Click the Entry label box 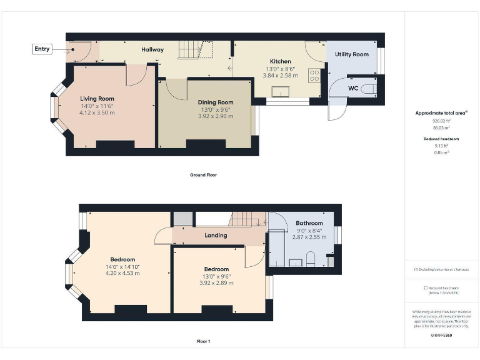click(42, 49)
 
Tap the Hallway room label click(152, 49)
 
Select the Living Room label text click(97, 99)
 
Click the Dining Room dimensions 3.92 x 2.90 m click(216, 117)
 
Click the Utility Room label click(352, 54)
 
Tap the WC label click(353, 89)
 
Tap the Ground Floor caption click(203, 175)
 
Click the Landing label click(216, 236)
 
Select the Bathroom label click(309, 223)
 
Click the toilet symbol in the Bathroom click(311, 257)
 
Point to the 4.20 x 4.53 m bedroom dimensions click(122, 273)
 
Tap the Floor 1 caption click(203, 342)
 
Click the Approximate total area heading click(441, 113)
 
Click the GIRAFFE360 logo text click(441, 336)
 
